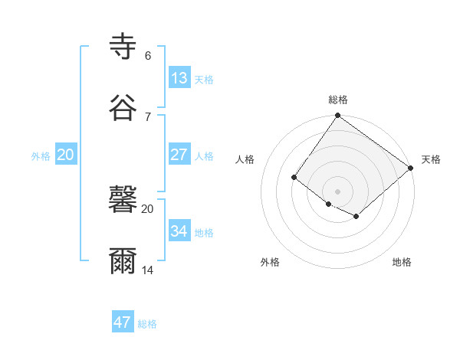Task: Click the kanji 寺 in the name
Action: pyautogui.click(x=123, y=46)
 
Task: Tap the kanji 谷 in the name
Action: pyautogui.click(x=123, y=106)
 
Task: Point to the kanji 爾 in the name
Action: pyautogui.click(x=123, y=261)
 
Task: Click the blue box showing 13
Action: pyautogui.click(x=179, y=77)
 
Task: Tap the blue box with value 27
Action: pyautogui.click(x=179, y=154)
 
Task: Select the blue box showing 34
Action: pyautogui.click(x=179, y=231)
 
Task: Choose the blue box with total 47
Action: pyautogui.click(x=123, y=322)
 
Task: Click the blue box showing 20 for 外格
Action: pyautogui.click(x=65, y=154)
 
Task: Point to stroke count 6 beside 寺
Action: pyautogui.click(x=148, y=56)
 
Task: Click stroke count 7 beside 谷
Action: pyautogui.click(x=148, y=116)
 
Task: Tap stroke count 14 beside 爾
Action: pyautogui.click(x=149, y=270)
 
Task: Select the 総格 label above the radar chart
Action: pyautogui.click(x=338, y=100)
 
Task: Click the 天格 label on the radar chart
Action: pyautogui.click(x=431, y=159)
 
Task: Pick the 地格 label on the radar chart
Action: pyautogui.click(x=402, y=262)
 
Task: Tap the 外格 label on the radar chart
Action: pyautogui.click(x=270, y=262)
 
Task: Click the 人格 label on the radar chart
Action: pyautogui.click(x=245, y=159)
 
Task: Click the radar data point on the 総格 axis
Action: pyautogui.click(x=338, y=116)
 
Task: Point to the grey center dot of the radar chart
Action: pyautogui.click(x=338, y=191)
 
